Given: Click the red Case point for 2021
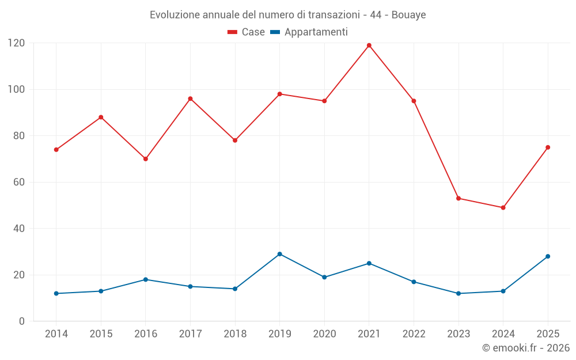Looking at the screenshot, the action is [369, 46].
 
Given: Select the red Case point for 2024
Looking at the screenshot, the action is [503, 207].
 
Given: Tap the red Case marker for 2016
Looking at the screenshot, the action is [146, 159].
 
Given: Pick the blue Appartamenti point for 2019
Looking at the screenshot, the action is [279, 254].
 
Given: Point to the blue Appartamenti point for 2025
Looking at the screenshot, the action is [548, 256].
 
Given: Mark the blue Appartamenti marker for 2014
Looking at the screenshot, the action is [56, 294].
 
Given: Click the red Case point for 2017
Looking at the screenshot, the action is [190, 99].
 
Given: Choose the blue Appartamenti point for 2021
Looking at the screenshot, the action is [369, 263].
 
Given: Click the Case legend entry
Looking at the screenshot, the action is [246, 32].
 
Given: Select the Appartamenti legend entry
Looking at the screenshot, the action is [309, 32].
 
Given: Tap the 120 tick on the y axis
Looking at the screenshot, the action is [17, 43].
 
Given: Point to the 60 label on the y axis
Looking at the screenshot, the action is [19, 182].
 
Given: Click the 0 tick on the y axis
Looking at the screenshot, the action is [22, 321].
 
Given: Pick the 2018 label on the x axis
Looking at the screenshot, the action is [235, 334].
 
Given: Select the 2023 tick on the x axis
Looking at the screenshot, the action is [458, 334].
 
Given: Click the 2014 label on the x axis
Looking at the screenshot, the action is [56, 334].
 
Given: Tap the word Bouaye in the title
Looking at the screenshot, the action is [408, 15].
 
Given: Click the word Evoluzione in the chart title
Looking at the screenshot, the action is [175, 15].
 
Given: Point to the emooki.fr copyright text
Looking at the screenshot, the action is [526, 347].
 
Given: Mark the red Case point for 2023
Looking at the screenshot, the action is [458, 198].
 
